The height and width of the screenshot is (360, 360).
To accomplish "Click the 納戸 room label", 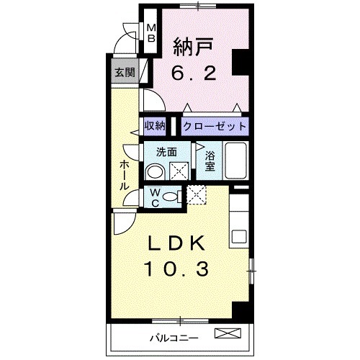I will click(192, 47).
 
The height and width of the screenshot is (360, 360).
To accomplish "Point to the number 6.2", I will click(192, 72).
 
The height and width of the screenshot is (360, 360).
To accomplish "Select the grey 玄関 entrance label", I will click(124, 72).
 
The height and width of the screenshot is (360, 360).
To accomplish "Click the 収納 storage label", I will click(156, 126).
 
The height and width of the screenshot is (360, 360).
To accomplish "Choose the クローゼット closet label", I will click(215, 126).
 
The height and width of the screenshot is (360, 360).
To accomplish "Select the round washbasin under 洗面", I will click(153, 171).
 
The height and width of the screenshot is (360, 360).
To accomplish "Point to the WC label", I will click(154, 197).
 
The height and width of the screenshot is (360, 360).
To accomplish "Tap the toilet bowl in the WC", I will click(171, 197).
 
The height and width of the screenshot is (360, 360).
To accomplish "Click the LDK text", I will click(178, 243).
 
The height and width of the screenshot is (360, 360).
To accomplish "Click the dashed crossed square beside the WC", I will click(197, 194).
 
